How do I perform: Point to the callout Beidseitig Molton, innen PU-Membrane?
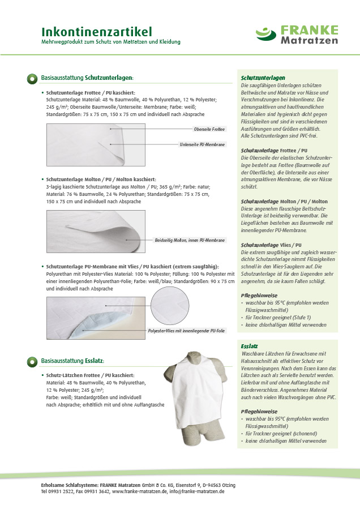(190, 240)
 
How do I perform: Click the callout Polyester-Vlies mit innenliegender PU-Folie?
(187, 330)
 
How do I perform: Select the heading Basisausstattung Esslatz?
(72, 360)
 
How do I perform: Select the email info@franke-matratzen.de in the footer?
(198, 492)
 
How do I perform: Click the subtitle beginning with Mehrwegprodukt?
(111, 42)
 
